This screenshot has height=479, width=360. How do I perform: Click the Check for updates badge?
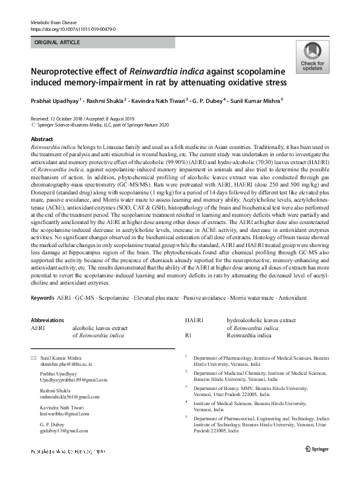(x=312, y=58)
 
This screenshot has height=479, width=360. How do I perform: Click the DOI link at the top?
(x=73, y=29)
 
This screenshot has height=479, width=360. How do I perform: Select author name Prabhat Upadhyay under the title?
(x=54, y=101)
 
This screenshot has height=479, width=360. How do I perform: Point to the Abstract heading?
(x=42, y=139)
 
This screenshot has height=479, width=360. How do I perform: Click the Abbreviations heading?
(x=47, y=320)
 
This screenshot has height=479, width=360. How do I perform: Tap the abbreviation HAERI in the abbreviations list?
(x=194, y=320)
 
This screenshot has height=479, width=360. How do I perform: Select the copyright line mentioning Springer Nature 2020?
(x=99, y=125)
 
